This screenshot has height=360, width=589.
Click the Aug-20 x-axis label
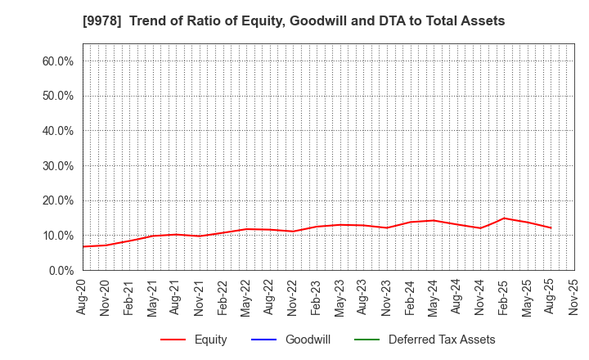coord(83,297)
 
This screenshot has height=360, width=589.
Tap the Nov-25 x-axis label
coord(574,297)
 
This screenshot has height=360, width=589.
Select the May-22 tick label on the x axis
coord(246,297)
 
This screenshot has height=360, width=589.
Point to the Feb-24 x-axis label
coord(411,297)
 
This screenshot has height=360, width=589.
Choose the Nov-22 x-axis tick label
coord(294,297)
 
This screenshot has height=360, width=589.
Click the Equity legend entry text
coord(211,340)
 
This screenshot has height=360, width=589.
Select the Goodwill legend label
coord(308,340)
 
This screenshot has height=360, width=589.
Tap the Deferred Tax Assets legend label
coord(442,340)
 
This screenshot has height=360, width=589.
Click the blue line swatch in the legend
coord(264,340)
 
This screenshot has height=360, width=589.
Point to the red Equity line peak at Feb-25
coord(504,218)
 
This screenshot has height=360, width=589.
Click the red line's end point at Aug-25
coord(551,228)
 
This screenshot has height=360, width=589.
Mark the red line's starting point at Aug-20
coord(83,246)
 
